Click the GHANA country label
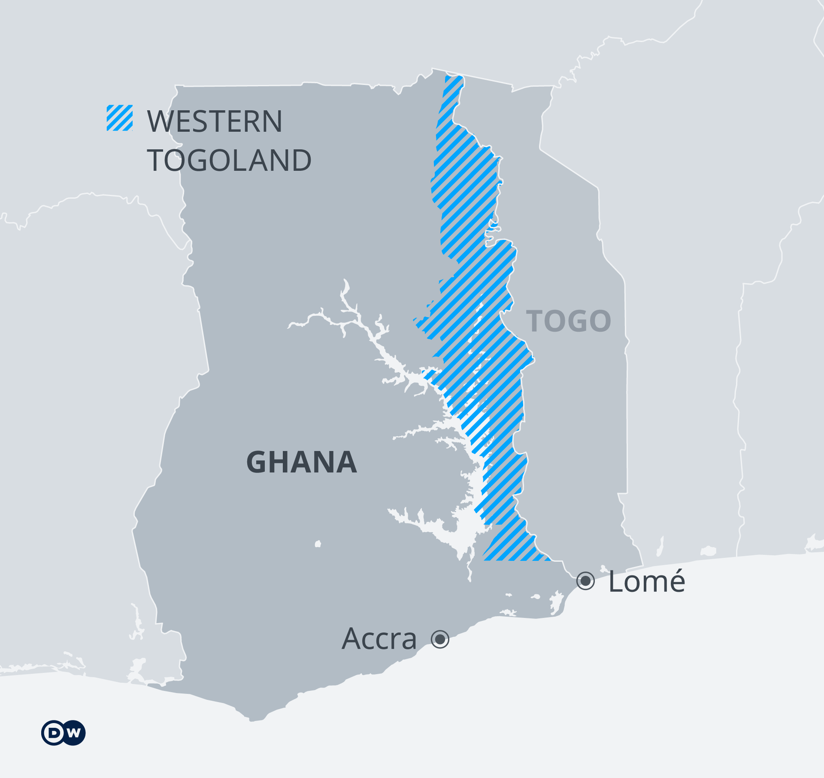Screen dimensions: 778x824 coord(302,462)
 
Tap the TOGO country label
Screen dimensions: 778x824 coord(569,321)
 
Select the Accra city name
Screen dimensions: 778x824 coord(379,639)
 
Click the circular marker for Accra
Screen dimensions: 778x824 coord(440,639)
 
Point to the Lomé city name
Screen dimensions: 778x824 coord(647,581)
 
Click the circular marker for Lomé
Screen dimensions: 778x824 coord(585,581)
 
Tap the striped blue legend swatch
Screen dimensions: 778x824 coord(120,118)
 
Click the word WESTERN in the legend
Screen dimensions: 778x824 coord(215,121)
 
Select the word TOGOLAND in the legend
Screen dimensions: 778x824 coord(229,160)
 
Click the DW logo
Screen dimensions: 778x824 coord(64,733)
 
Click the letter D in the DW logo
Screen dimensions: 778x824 coord(55,733)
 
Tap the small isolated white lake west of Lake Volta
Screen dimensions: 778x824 coord(318,544)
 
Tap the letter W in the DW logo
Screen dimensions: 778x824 coord(74,733)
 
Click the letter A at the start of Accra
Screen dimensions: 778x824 coord(352,639)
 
